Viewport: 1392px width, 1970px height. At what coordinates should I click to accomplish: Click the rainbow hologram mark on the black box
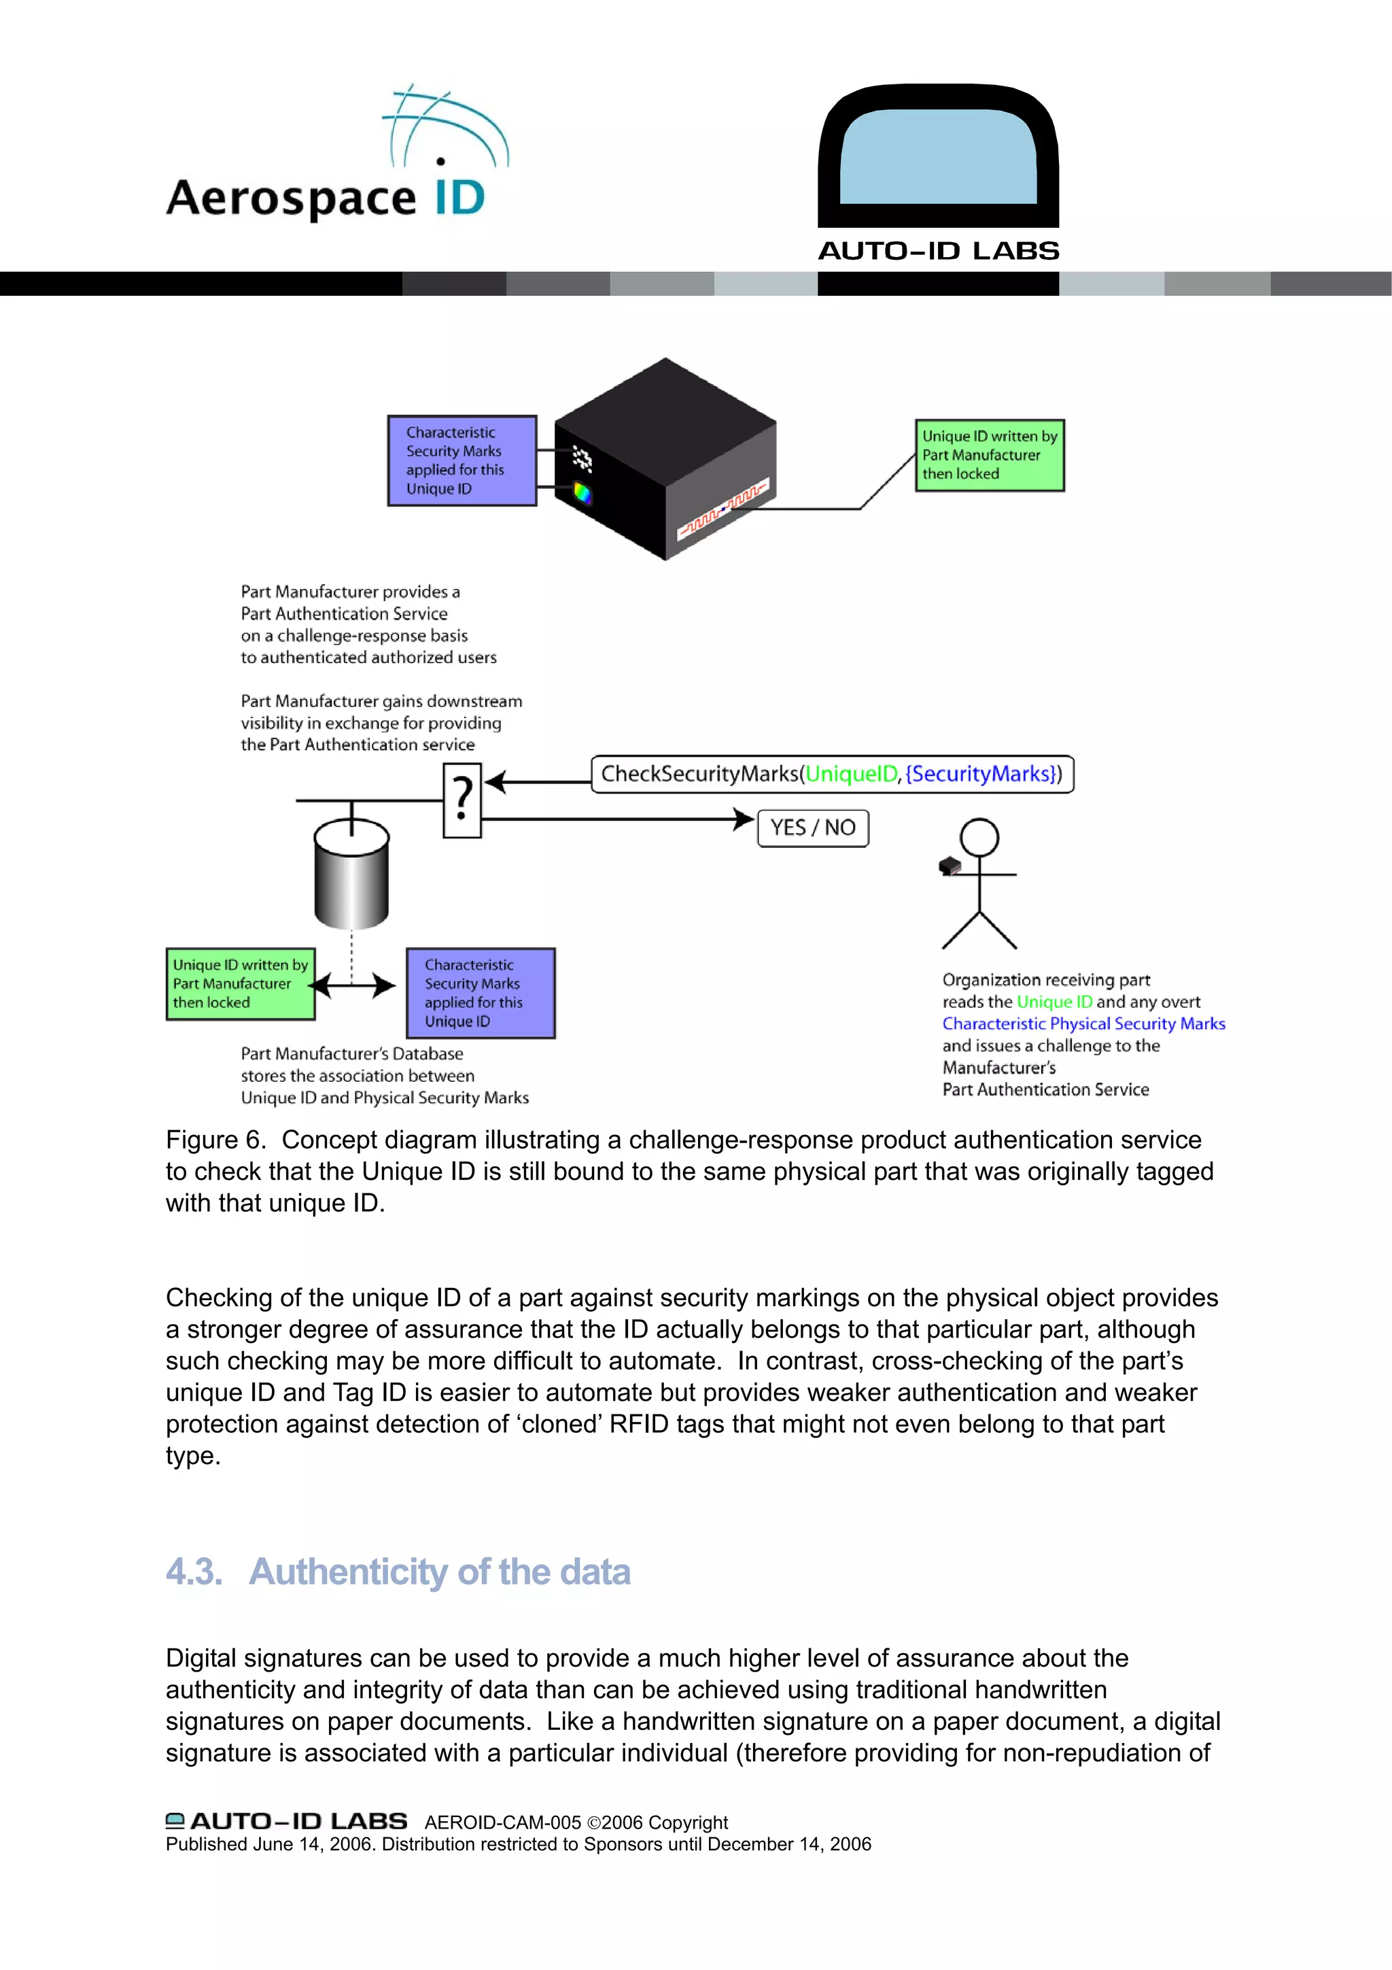click(582, 494)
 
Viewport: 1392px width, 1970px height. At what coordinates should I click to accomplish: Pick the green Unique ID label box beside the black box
click(989, 455)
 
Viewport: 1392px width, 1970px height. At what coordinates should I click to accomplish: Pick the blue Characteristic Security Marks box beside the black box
click(462, 461)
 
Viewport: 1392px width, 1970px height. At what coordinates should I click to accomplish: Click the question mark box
click(462, 800)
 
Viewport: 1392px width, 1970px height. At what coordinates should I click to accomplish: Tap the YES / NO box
click(812, 828)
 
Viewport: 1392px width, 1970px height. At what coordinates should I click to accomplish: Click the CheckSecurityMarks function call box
click(831, 774)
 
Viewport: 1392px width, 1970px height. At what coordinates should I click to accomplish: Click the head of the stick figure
click(979, 836)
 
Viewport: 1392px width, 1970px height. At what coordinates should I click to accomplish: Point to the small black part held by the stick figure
click(950, 866)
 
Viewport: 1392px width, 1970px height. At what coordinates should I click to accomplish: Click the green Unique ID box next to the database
click(240, 983)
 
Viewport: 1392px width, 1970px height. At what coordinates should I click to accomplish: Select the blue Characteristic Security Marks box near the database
click(481, 993)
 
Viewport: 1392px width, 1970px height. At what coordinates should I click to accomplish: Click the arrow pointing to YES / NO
click(618, 819)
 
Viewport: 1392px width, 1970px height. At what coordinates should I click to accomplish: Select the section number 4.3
click(194, 1572)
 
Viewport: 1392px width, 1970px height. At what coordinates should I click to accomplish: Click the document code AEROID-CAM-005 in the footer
click(502, 1822)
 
